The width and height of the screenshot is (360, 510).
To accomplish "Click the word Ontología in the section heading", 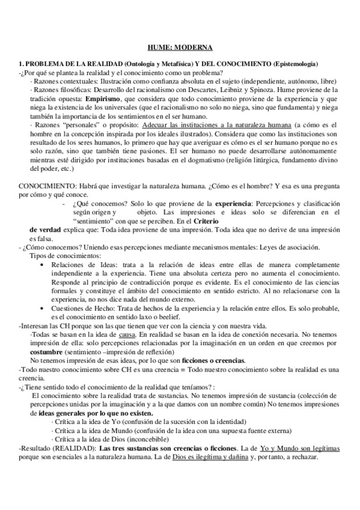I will point(142,64).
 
